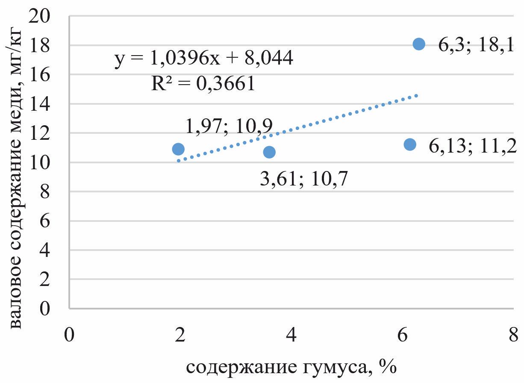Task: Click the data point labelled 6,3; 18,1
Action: click(x=419, y=44)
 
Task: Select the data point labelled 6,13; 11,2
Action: click(x=410, y=144)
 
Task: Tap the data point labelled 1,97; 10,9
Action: click(x=178, y=149)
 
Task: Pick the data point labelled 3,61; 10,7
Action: click(x=269, y=152)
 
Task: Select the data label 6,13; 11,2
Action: click(x=472, y=146)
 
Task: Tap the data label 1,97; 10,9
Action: click(x=229, y=126)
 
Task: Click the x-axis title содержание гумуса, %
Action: click(x=291, y=367)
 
